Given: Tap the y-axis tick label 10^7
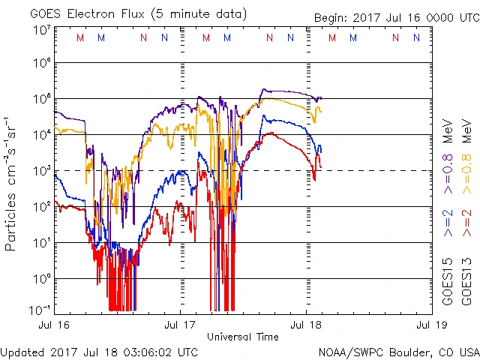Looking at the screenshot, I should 42,30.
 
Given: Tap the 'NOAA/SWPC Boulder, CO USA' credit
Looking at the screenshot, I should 398,351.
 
